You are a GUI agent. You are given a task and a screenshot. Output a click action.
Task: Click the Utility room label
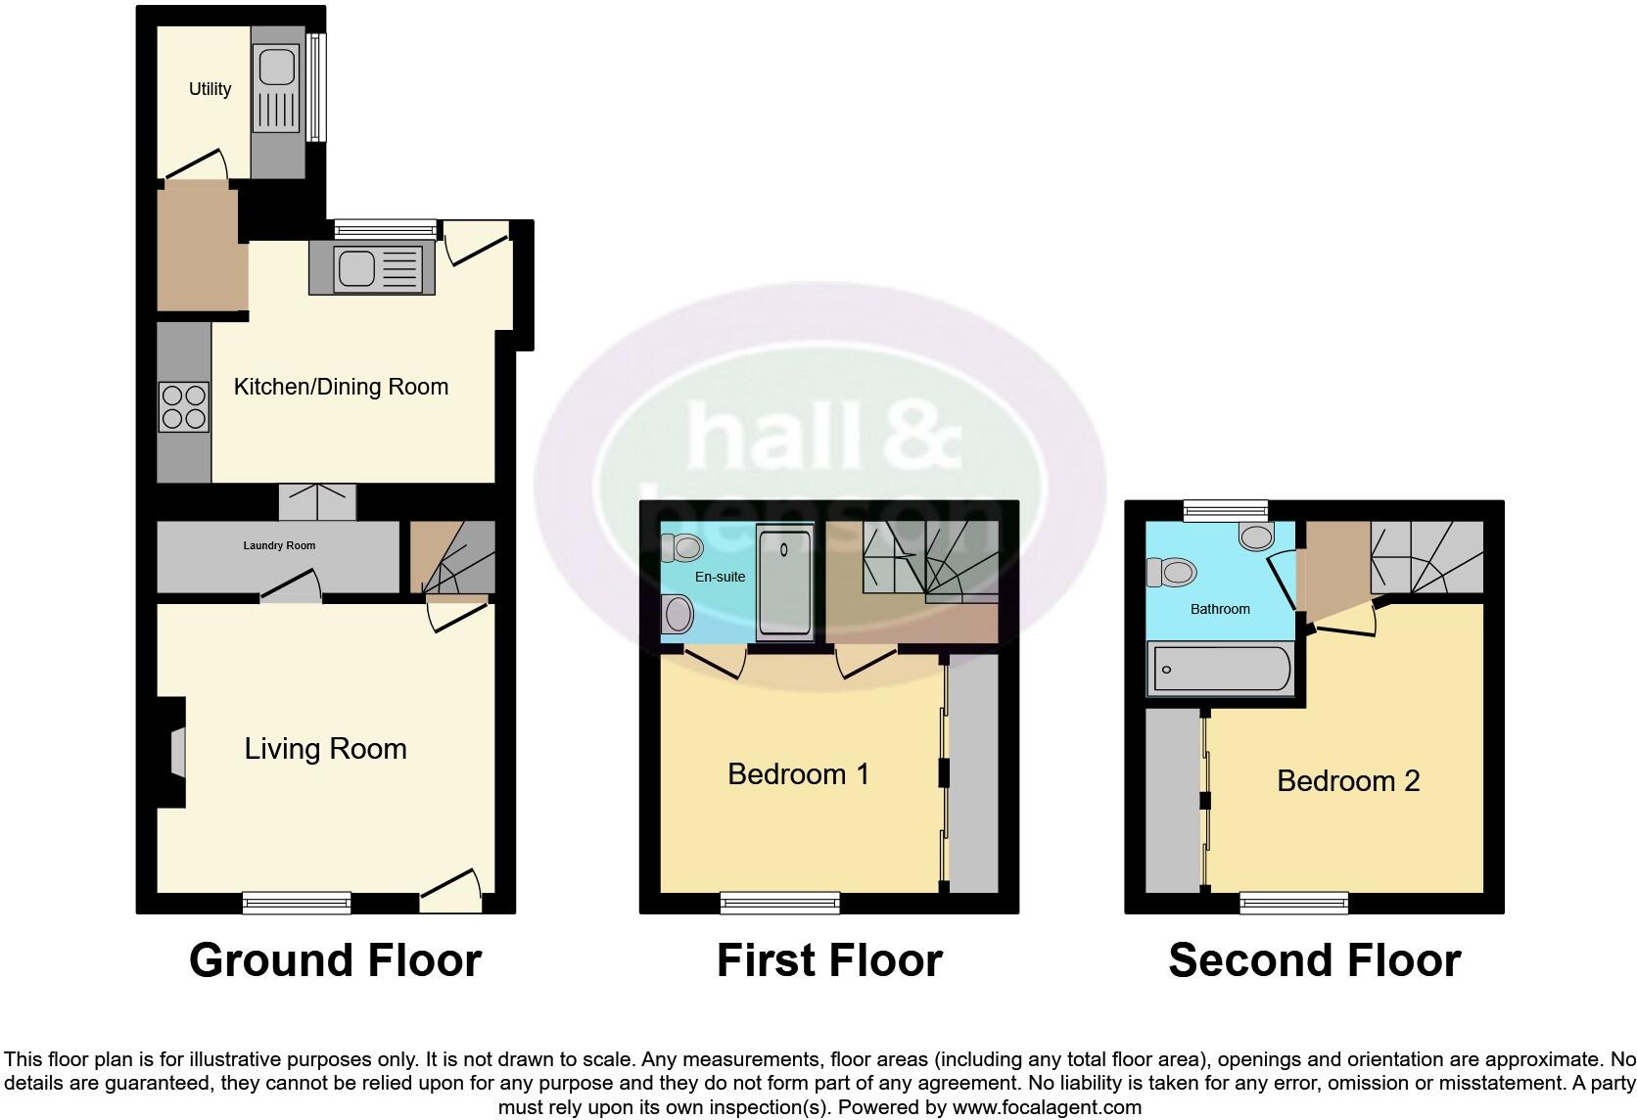tap(210, 89)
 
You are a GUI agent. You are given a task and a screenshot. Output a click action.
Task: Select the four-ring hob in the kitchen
tap(184, 406)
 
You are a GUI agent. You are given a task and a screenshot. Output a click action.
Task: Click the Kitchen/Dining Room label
tap(341, 387)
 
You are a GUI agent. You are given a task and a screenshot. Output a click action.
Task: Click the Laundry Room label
tap(279, 545)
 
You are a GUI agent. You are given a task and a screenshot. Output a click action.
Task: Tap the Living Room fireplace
tap(175, 752)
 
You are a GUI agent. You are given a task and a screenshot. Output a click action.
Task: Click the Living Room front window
tap(297, 903)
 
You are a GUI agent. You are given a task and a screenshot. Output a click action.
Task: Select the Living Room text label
tap(325, 749)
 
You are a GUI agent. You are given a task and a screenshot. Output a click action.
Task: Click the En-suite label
tap(720, 577)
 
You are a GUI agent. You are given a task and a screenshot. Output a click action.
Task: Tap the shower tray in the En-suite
tap(785, 585)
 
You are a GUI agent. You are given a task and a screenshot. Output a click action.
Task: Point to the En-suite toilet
tap(683, 547)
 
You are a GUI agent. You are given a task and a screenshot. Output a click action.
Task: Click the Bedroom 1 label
tap(798, 774)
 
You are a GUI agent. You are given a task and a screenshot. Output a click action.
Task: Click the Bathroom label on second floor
tap(1220, 609)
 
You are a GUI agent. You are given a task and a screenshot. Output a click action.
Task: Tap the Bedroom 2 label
tap(1348, 781)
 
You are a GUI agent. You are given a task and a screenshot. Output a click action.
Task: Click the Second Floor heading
tap(1314, 960)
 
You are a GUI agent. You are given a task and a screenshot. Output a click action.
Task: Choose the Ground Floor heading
tap(335, 960)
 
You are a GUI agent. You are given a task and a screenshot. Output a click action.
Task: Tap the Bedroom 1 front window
tap(780, 903)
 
